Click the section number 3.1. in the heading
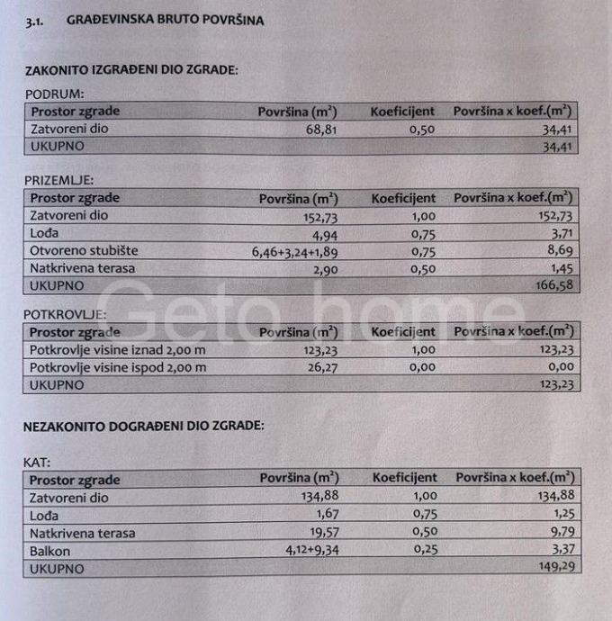coord(39,20)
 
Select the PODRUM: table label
coord(54,94)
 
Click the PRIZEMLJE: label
coord(59,180)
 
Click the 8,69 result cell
coord(562,251)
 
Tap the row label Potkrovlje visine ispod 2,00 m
coord(118,367)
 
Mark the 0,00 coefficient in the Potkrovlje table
coord(423,367)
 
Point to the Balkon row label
coord(49,551)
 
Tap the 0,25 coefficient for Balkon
coord(424,551)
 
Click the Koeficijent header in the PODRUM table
coord(402,112)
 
